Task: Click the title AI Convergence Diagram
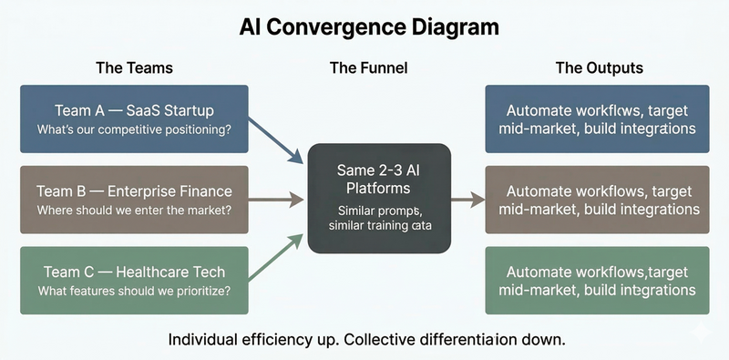369,27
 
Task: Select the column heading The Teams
134,68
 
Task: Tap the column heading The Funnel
368,68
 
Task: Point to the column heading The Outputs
599,68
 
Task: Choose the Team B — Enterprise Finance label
134,191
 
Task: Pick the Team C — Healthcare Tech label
134,272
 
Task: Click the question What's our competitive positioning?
134,129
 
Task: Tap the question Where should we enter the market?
134,211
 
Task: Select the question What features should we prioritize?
134,291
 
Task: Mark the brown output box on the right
598,199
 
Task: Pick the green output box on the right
598,280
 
